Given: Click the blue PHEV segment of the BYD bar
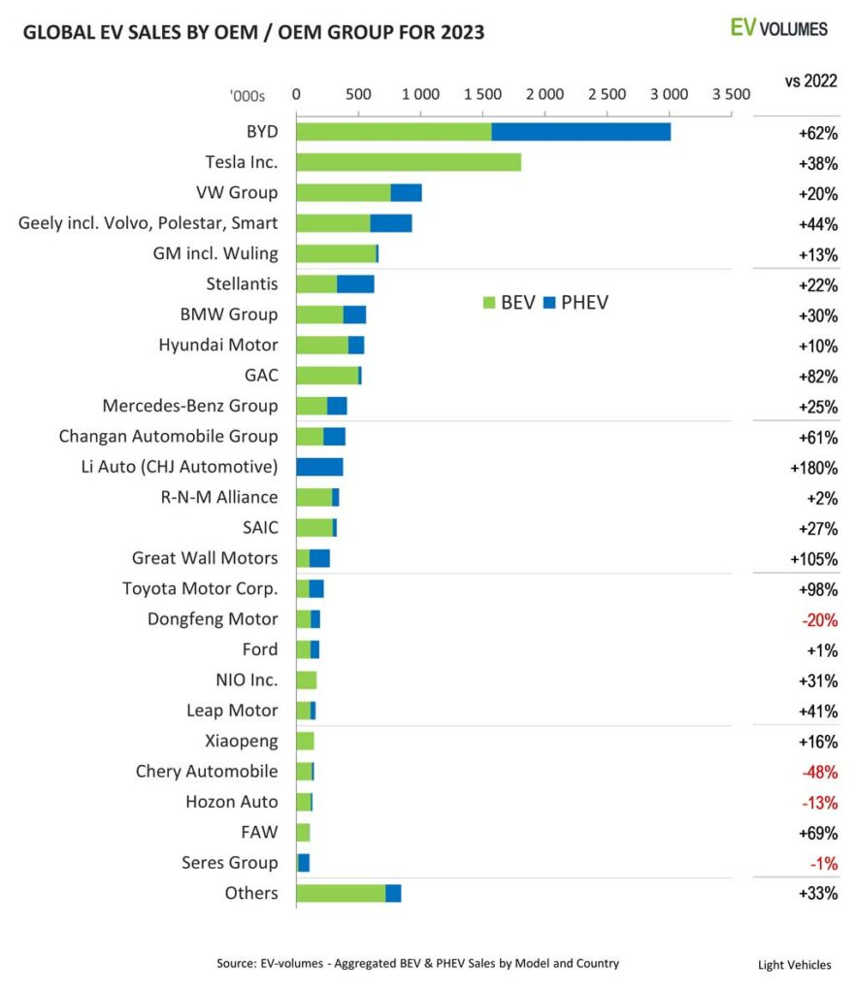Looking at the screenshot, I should [580, 132].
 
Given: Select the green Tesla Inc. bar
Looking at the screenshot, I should [408, 162].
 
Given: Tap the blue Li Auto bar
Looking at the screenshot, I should [319, 467].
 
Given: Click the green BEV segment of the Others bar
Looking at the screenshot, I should [341, 893].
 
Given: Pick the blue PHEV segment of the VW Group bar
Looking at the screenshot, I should [406, 192].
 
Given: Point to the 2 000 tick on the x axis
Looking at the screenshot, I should [544, 94].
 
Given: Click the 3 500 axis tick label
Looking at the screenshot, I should [731, 94].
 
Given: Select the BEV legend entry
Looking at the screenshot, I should [509, 302].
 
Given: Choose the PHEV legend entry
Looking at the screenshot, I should [576, 302].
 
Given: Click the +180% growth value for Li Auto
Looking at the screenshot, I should [813, 468].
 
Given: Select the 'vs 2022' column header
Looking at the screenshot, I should [811, 80].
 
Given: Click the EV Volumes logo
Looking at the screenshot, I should [778, 27].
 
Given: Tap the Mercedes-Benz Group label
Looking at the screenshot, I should [190, 406].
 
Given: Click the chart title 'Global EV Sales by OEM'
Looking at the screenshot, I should [253, 32].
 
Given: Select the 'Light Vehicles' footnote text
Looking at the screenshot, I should [794, 965].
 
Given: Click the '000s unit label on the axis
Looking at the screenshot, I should [247, 95].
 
